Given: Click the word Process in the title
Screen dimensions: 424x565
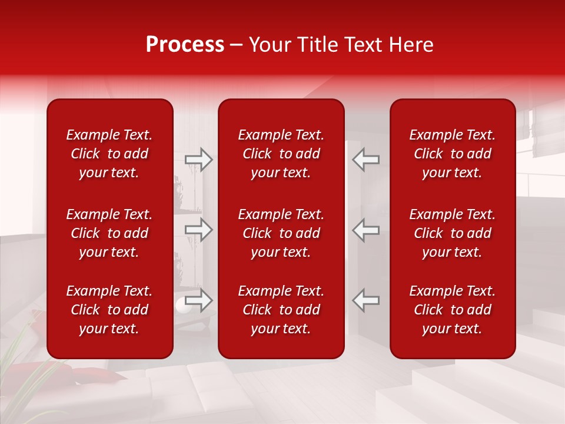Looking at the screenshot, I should coord(185,45).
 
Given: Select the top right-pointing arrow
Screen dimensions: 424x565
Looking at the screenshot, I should coord(199,160).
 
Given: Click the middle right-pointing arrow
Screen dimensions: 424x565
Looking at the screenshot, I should coord(199,230).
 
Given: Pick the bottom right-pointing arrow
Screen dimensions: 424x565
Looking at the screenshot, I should coord(199,300).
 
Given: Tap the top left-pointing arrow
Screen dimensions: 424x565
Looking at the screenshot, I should coord(366,160).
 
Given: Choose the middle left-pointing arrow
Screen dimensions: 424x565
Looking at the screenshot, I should coord(366,230).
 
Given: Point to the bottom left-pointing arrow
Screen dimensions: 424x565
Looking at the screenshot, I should coord(366,300).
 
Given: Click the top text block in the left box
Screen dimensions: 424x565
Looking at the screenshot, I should coord(109,154).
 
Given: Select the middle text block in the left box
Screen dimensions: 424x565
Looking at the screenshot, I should coord(109,233).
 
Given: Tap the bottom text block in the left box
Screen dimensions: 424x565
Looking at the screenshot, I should coord(109,310).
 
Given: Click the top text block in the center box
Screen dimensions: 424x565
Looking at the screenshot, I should coord(281,154).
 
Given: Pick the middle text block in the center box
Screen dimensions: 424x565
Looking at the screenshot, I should coord(281,233).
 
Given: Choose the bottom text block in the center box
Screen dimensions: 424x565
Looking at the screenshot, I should coord(281,310).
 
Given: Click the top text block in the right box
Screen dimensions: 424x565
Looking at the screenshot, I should coord(452,154).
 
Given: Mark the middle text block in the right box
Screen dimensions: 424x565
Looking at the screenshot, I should coord(452,233).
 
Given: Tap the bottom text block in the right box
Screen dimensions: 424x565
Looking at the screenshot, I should coord(452,310).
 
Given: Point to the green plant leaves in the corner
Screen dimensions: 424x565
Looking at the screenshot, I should coord(24,365).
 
